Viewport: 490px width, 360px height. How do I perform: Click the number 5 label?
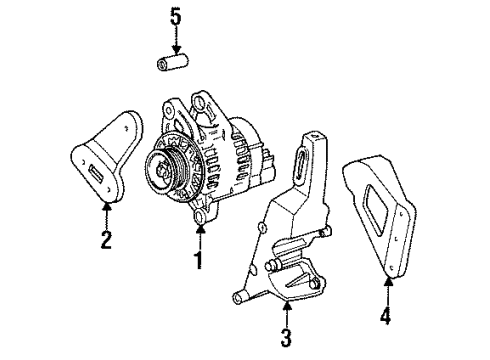[x=177, y=17]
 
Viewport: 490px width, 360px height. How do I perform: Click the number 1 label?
[x=198, y=262]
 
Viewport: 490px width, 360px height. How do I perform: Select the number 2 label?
[x=104, y=239]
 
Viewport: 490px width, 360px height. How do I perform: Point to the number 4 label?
[x=384, y=317]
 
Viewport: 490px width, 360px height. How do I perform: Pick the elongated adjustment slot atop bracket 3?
[x=300, y=165]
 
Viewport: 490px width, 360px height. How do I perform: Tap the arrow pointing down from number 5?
[x=177, y=42]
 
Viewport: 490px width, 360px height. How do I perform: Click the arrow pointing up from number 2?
[x=104, y=214]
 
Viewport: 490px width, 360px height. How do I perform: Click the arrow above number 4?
[x=384, y=291]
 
